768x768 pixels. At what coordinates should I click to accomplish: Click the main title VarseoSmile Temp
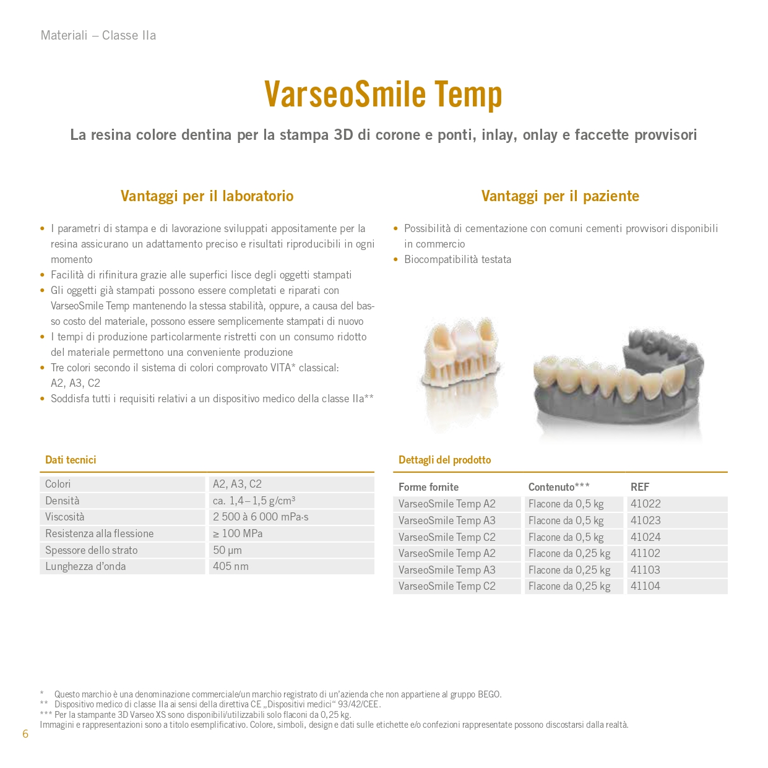pyautogui.click(x=383, y=95)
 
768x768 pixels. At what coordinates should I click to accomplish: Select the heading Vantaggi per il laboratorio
pyautogui.click(x=207, y=196)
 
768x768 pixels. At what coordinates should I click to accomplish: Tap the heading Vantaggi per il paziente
pyautogui.click(x=560, y=196)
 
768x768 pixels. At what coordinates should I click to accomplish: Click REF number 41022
pyautogui.click(x=645, y=504)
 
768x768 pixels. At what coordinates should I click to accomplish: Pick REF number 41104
pyautogui.click(x=645, y=586)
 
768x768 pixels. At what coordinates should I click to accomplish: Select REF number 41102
pyautogui.click(x=645, y=553)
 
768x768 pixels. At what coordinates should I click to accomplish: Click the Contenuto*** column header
pyautogui.click(x=559, y=487)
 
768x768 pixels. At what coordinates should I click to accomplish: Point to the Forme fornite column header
pyautogui.click(x=428, y=487)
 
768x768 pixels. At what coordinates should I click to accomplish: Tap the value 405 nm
pyautogui.click(x=231, y=566)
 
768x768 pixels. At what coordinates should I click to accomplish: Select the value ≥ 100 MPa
pyautogui.click(x=238, y=533)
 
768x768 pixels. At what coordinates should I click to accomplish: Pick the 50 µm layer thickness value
pyautogui.click(x=227, y=550)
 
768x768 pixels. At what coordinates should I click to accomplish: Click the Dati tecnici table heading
pyautogui.click(x=71, y=460)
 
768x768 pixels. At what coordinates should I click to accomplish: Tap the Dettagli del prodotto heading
pyautogui.click(x=444, y=460)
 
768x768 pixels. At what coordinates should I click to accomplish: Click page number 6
pyautogui.click(x=25, y=734)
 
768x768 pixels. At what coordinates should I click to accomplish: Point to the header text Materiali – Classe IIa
pyautogui.click(x=98, y=35)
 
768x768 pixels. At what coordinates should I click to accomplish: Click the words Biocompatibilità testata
pyautogui.click(x=457, y=259)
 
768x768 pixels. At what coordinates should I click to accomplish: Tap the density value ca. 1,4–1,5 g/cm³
pyautogui.click(x=254, y=501)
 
